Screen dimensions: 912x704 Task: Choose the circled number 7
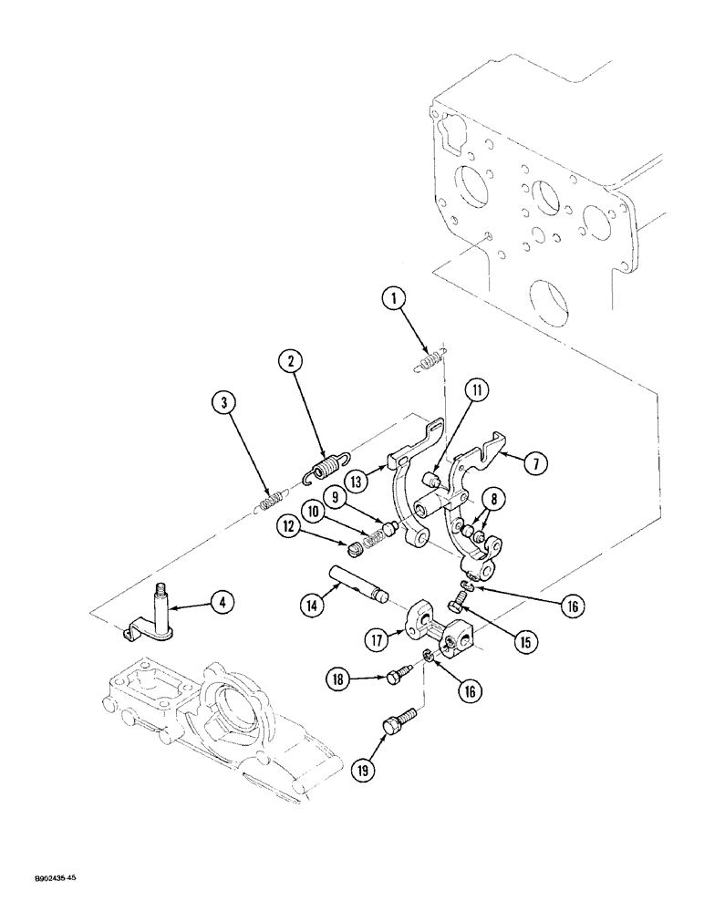[x=535, y=462]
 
